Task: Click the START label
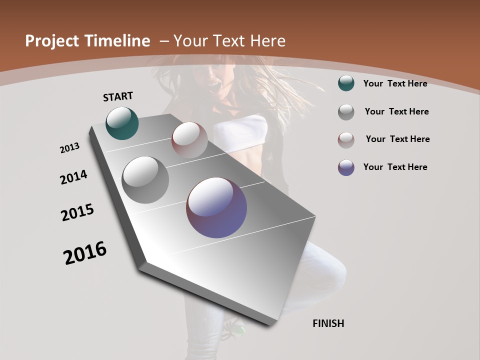tap(118, 96)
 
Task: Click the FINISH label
tap(328, 323)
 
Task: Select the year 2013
tap(69, 148)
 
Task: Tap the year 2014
tap(73, 177)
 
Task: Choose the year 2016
tap(85, 253)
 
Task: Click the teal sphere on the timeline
tap(122, 123)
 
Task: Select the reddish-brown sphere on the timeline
tap(189, 140)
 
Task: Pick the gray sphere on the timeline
tap(145, 179)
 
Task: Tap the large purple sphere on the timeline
tap(216, 207)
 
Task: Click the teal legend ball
tap(346, 83)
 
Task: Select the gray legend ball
tap(346, 112)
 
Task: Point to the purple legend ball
tap(346, 167)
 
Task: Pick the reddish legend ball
tap(346, 140)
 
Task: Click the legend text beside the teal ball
tap(395, 83)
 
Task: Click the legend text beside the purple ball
tap(395, 167)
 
